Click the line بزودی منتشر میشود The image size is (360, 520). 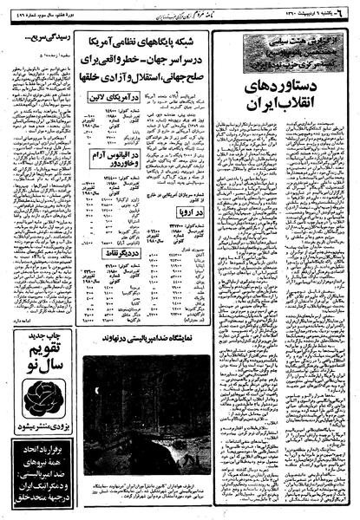(x=33, y=429)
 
